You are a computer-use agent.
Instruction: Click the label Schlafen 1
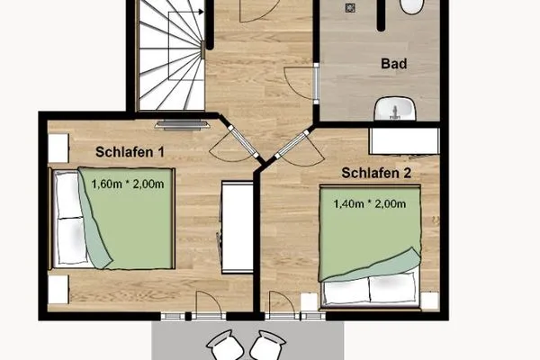[x=130, y=152]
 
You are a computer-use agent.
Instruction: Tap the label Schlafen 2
[x=375, y=171]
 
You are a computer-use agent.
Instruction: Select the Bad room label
[x=393, y=65]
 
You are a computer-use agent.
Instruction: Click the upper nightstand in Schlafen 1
[x=58, y=148]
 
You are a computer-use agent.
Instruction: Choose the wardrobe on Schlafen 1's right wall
[x=237, y=226]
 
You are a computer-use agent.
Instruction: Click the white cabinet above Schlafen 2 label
[x=404, y=140]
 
